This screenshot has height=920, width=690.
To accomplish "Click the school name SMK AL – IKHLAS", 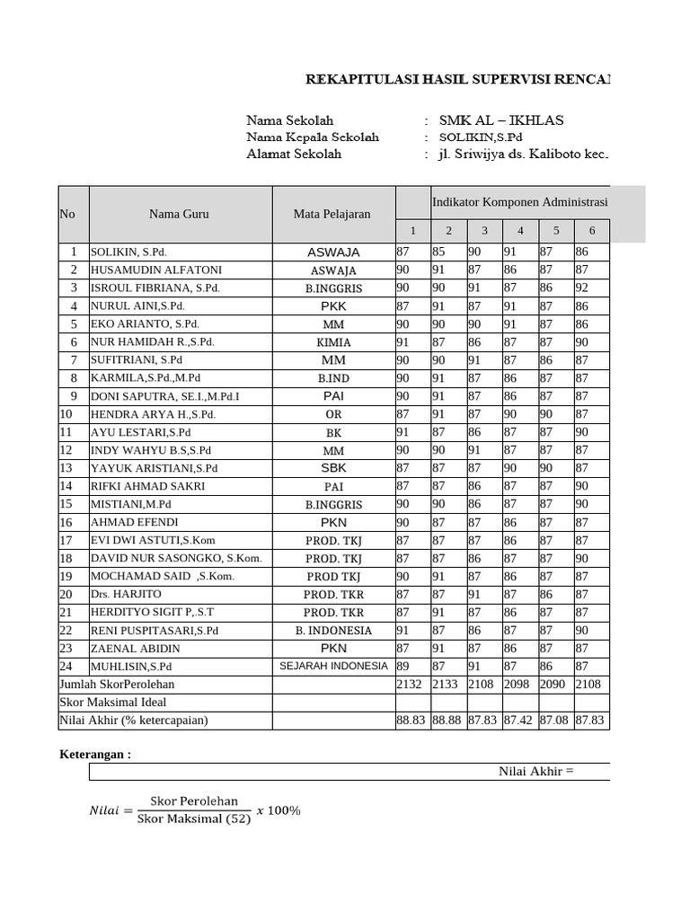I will point(501,120).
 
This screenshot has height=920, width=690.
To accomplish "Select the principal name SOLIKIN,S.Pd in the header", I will point(480,137).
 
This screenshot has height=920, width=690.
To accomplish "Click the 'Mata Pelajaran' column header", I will point(332,214).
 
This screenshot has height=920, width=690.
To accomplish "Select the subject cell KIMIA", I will point(333,342).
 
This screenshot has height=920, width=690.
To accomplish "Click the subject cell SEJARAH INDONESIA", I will point(333,666).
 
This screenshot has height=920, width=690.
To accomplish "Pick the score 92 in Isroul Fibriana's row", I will point(582,288).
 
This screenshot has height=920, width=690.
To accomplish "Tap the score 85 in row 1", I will point(439,252).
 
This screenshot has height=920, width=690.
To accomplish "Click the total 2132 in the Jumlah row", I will point(410,685).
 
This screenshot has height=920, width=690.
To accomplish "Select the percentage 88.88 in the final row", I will point(447,721).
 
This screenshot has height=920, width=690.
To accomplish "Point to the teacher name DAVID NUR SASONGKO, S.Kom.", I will point(176,558).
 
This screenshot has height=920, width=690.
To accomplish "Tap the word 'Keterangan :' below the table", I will point(94,755).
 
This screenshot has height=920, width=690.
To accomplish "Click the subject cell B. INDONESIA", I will point(333,630).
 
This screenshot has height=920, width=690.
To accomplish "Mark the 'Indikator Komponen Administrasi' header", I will point(519,203).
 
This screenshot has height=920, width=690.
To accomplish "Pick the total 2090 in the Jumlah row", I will point(554,685).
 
